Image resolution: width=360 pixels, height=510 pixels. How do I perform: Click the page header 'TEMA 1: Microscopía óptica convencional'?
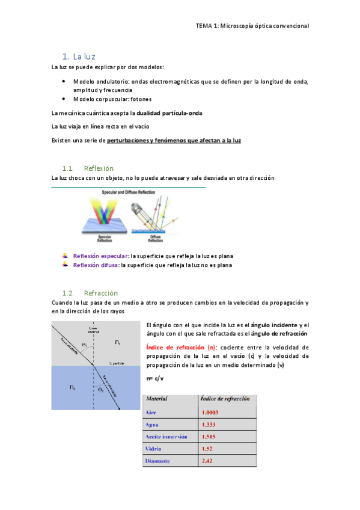click(252, 26)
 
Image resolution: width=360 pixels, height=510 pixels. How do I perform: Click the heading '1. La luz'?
click(79, 56)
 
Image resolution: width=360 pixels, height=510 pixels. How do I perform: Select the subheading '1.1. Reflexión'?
click(88, 168)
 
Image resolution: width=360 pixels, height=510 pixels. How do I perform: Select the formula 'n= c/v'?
click(155, 378)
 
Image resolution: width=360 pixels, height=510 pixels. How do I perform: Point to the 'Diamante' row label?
click(157, 461)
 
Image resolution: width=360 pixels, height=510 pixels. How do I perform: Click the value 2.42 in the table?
click(207, 461)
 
